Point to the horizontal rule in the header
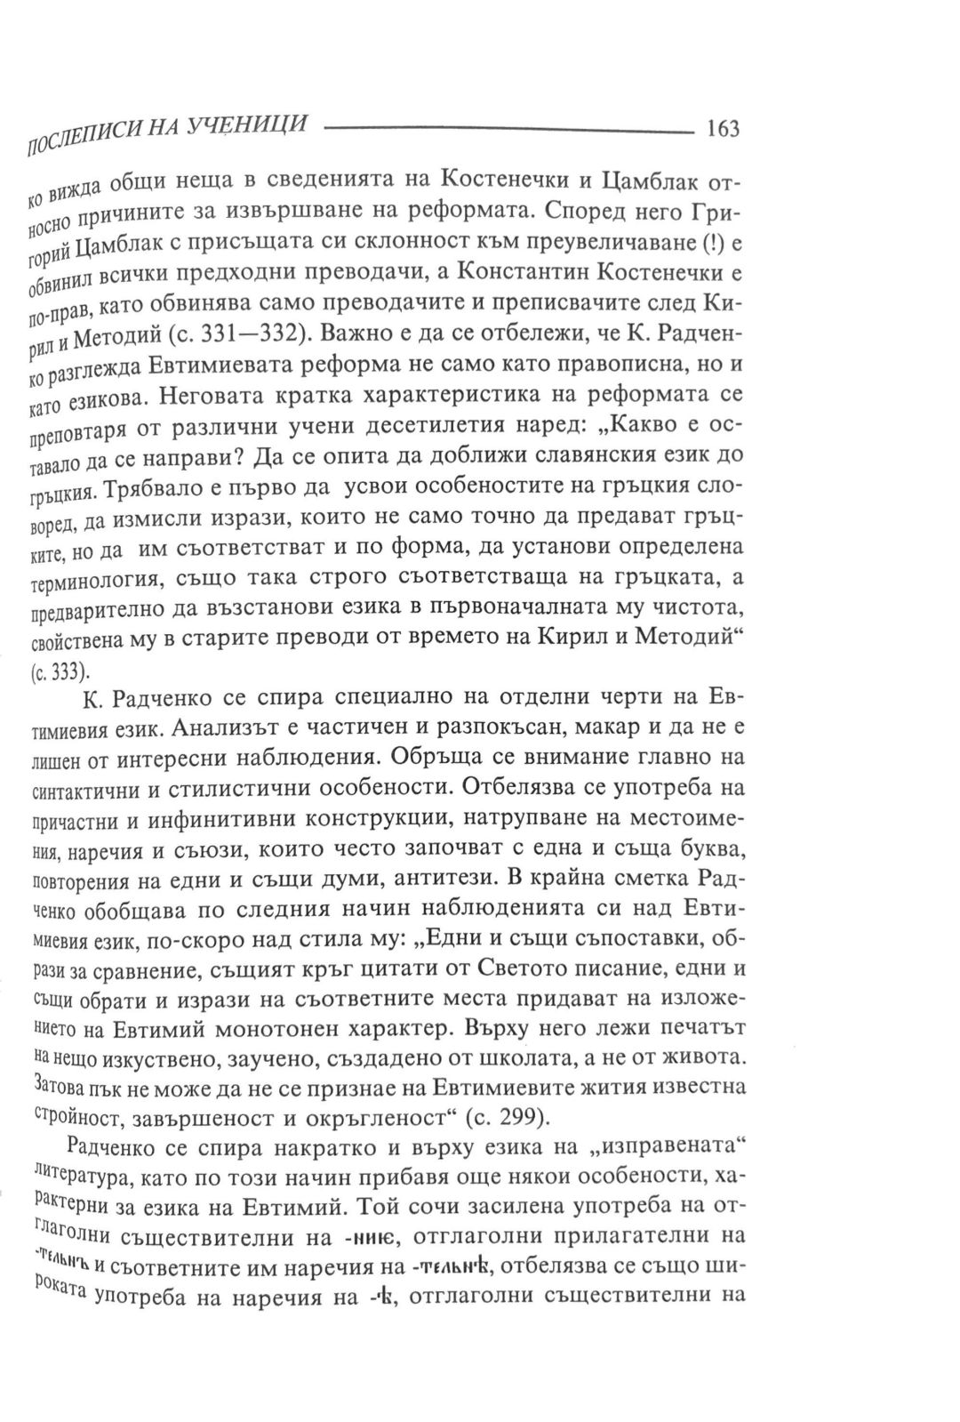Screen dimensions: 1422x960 (x=506, y=131)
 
